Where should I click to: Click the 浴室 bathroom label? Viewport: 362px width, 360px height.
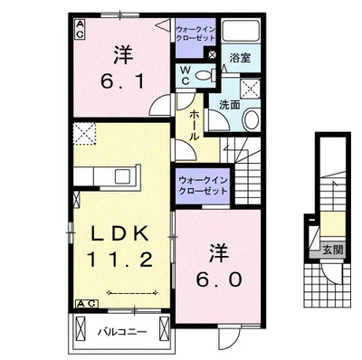[241, 58]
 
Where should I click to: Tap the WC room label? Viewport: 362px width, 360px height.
[186, 76]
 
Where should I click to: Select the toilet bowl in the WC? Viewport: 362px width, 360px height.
[205, 74]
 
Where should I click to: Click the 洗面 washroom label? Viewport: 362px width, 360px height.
[230, 105]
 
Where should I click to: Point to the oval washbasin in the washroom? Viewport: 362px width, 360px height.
[251, 119]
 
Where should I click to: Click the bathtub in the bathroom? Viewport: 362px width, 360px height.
[241, 31]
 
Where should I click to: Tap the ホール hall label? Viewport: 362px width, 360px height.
[195, 125]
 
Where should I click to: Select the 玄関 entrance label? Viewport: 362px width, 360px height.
[333, 250]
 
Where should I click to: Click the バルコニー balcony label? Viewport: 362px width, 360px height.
[122, 332]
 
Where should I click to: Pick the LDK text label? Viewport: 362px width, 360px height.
[120, 233]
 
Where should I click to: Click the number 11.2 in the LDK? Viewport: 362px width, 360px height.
[119, 260]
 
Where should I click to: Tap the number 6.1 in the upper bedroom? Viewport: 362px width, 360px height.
[123, 81]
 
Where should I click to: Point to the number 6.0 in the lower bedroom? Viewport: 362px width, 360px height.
[219, 279]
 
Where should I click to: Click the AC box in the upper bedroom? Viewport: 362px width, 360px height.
[80, 29]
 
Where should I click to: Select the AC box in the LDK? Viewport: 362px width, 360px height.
[87, 304]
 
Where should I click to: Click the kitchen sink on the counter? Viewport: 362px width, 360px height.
[122, 176]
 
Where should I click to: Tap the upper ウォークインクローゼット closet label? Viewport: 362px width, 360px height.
[195, 33]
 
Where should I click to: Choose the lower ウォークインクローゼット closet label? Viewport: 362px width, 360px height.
[203, 185]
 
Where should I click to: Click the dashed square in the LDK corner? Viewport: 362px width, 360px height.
[84, 134]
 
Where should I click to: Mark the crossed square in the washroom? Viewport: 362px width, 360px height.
[250, 89]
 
